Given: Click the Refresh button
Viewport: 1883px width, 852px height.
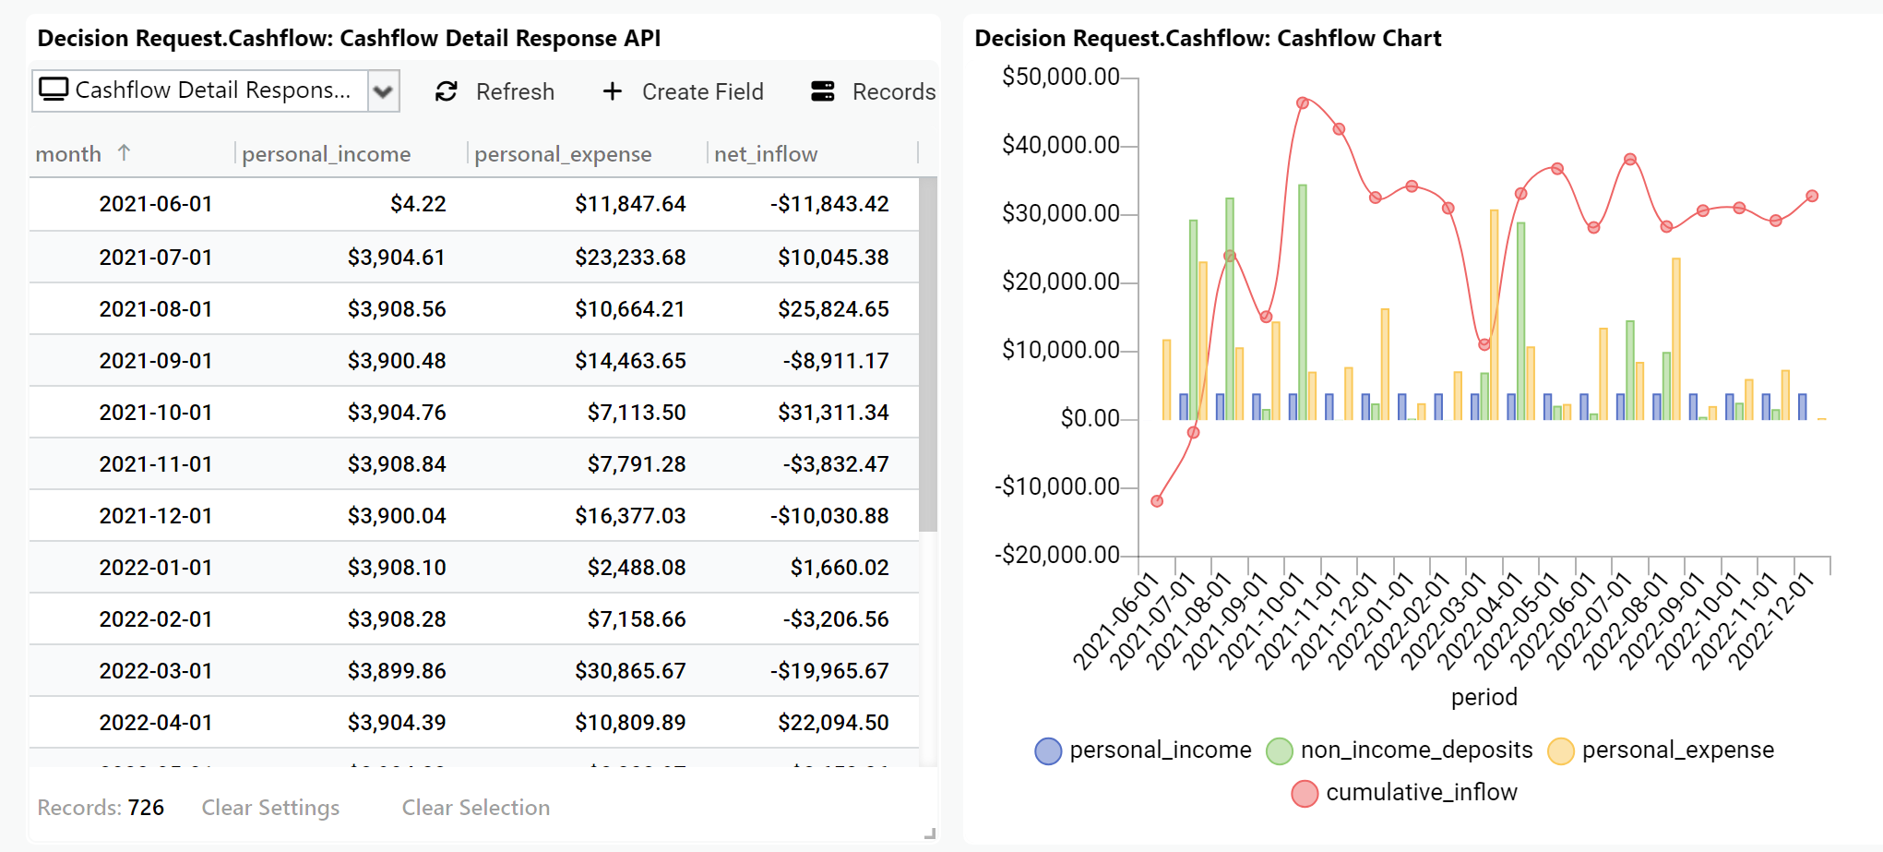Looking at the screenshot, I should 495,91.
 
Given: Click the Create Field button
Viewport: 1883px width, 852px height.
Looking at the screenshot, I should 683,91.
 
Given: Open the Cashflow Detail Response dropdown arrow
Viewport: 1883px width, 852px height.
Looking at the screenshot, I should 383,91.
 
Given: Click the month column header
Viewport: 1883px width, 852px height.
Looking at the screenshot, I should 69,154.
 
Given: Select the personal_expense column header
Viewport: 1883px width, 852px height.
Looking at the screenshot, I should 563,154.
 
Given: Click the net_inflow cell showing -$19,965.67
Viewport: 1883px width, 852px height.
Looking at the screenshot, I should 829,671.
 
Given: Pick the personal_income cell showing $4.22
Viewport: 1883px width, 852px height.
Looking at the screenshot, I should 418,204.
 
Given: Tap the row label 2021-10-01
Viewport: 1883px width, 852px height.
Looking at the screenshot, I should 156,413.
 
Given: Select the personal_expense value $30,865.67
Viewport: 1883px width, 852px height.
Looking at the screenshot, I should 630,671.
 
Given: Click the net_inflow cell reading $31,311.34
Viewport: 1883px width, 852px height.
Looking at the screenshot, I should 833,413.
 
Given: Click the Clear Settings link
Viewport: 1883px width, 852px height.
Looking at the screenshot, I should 270,808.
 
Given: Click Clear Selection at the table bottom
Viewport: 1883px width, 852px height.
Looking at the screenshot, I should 475,808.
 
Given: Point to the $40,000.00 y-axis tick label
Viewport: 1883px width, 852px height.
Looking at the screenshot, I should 1060,145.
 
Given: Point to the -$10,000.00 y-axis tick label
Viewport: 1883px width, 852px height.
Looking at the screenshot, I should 1056,486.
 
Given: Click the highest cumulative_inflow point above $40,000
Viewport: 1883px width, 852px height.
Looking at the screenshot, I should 1302,103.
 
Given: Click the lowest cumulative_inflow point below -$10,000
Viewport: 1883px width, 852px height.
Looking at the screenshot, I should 1157,501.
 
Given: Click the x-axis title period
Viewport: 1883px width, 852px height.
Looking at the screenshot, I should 1484,697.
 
